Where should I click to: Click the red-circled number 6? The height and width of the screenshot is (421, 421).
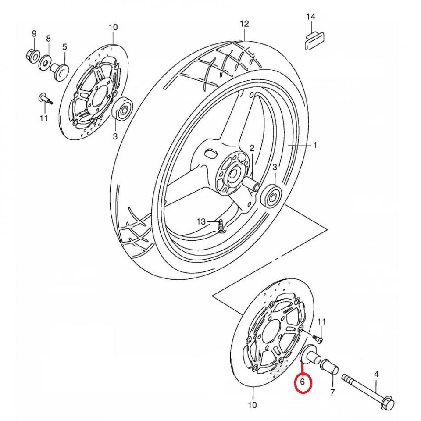303,382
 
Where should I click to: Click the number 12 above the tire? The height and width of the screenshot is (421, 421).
244,23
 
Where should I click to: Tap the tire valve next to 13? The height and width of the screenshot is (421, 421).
221,225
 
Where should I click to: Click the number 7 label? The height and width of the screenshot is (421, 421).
332,392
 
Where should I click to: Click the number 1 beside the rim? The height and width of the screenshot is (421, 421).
314,145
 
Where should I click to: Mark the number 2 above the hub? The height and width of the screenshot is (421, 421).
252,148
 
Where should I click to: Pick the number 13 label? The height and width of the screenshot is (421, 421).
201,222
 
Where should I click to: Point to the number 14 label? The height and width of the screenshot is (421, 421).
310,17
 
